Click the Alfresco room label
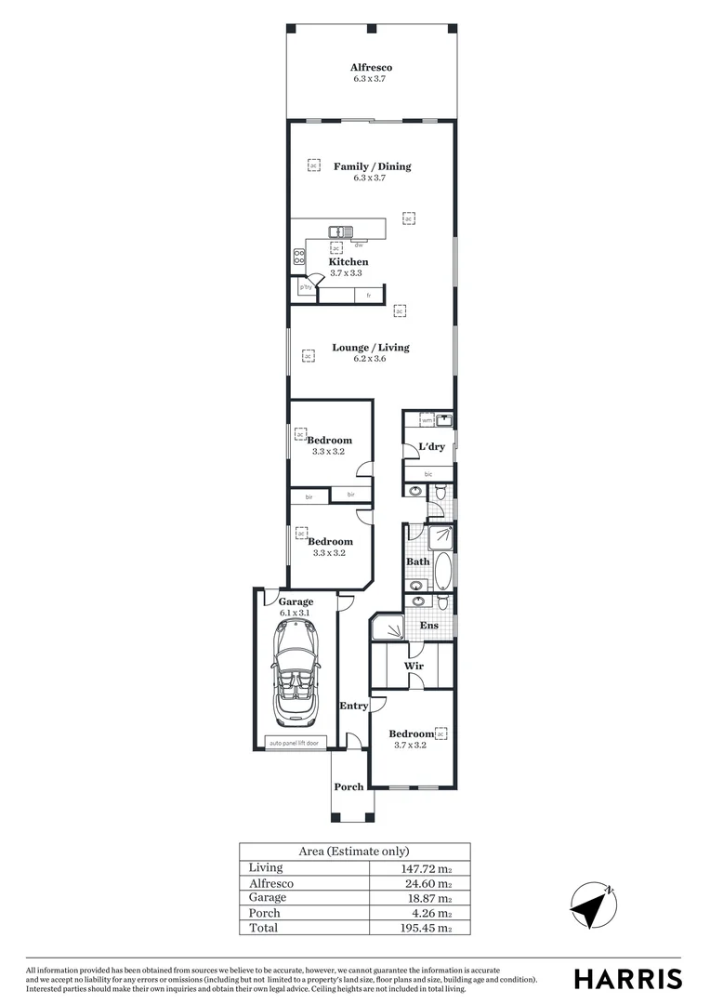[371, 67]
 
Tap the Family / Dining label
[372, 166]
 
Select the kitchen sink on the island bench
[339, 231]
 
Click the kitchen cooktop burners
[300, 257]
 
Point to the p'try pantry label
[305, 288]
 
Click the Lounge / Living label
[371, 348]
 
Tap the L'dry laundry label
[431, 447]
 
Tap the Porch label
[348, 787]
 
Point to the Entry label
[353, 707]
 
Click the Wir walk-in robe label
[414, 667]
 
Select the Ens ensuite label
[428, 626]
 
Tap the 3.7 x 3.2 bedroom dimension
[410, 745]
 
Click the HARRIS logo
[627, 979]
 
